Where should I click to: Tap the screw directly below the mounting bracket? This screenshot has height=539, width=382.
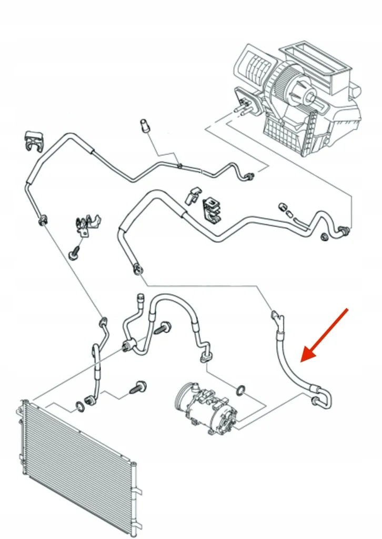(74, 254)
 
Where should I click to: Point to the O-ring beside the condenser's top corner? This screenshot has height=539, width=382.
(81, 406)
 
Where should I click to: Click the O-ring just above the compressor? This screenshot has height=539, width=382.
(240, 390)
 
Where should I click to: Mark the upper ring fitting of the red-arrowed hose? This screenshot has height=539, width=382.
(276, 317)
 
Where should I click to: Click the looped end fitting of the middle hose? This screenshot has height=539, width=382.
(137, 269)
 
